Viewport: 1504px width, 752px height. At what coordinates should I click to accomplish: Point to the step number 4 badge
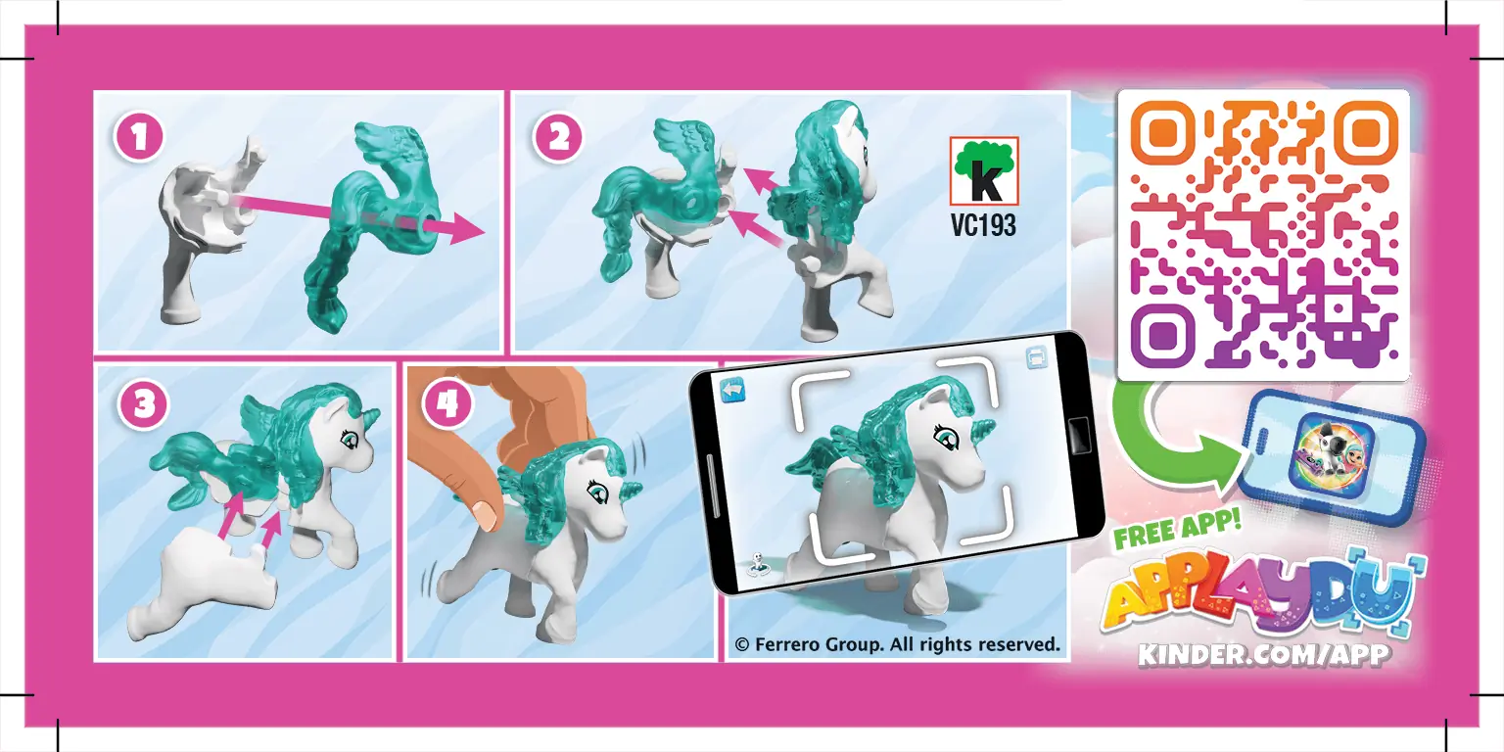[446, 404]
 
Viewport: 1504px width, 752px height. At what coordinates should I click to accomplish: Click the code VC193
[983, 226]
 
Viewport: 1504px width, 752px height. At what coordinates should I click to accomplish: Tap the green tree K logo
[984, 171]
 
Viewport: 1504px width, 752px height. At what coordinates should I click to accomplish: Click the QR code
[1263, 235]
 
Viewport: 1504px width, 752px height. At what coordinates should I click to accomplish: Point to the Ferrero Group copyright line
[897, 644]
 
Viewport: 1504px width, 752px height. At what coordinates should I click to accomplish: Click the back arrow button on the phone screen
[732, 389]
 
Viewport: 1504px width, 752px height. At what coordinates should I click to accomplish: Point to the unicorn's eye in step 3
[347, 437]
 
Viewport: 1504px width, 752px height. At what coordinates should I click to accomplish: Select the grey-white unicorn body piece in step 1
[196, 235]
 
